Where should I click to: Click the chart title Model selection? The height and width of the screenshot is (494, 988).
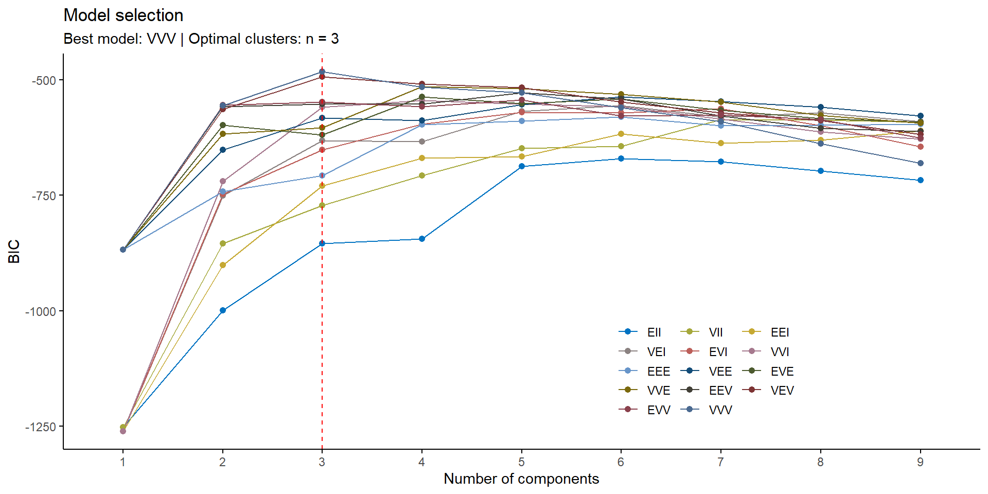point(123,15)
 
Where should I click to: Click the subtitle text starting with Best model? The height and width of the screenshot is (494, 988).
point(201,39)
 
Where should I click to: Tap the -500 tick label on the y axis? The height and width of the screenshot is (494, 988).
point(44,80)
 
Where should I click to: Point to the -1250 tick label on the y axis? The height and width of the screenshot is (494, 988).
point(41,427)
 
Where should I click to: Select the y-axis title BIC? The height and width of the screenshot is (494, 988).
point(14,251)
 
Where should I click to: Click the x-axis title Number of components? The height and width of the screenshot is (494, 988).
point(521,479)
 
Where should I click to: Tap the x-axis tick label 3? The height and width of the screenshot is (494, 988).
point(322,462)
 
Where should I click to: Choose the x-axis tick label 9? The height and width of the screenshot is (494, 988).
point(920,462)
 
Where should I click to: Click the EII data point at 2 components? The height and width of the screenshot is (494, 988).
point(223,310)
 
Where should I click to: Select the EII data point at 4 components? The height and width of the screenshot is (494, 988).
point(422,239)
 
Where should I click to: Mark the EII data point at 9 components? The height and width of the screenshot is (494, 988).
point(920,180)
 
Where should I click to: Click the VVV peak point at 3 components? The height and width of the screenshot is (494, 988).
point(322,72)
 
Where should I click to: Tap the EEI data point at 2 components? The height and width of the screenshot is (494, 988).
point(223,265)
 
